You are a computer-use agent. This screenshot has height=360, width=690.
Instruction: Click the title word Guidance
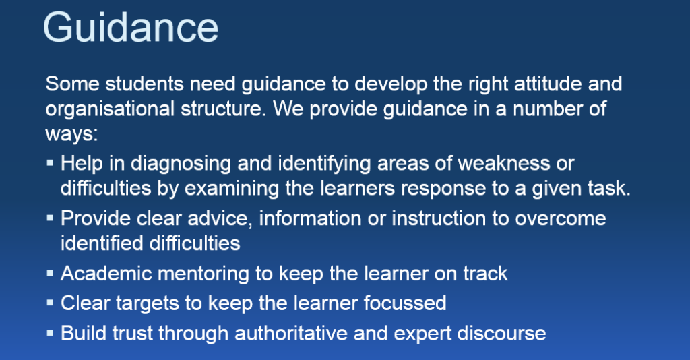(x=131, y=28)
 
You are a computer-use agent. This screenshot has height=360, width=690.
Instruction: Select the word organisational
(x=110, y=110)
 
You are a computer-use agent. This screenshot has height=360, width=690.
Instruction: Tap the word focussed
(x=405, y=303)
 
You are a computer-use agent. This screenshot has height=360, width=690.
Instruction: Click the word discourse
(x=501, y=333)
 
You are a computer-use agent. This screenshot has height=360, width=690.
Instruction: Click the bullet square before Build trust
(x=50, y=333)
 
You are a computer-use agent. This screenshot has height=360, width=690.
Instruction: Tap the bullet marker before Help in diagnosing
(x=50, y=164)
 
